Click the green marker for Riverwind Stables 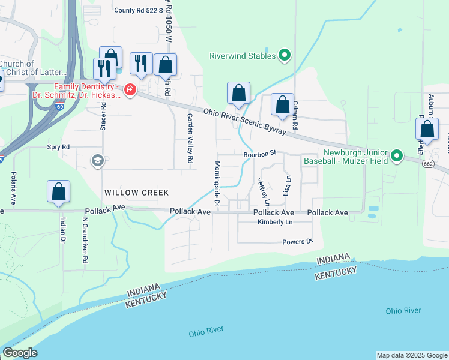(x=285, y=56)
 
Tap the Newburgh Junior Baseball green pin (x=396, y=157)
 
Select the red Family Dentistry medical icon (x=130, y=91)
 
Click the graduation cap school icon (x=97, y=160)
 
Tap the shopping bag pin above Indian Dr (x=59, y=192)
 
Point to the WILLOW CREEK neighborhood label (x=136, y=193)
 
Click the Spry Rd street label (x=58, y=147)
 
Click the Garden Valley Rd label (x=190, y=139)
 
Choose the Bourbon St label (x=259, y=154)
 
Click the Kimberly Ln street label (x=275, y=223)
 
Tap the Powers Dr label (x=298, y=242)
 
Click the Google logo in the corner (x=20, y=353)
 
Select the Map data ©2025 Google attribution (x=412, y=355)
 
